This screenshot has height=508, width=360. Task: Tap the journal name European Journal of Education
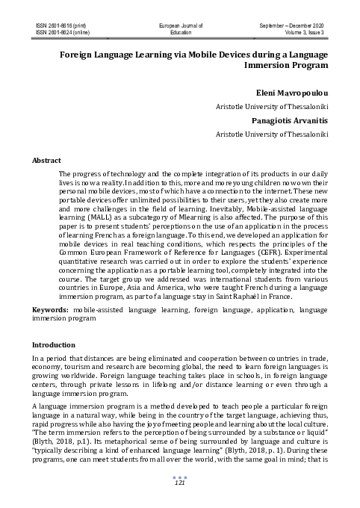pos(181,29)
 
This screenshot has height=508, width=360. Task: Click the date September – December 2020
pos(294,26)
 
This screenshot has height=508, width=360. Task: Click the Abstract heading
pos(46,160)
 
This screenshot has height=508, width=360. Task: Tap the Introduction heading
pos(55,346)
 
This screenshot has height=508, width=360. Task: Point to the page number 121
pos(180,484)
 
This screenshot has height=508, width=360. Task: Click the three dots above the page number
pos(180,477)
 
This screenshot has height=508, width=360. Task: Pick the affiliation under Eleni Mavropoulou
pos(271,106)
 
